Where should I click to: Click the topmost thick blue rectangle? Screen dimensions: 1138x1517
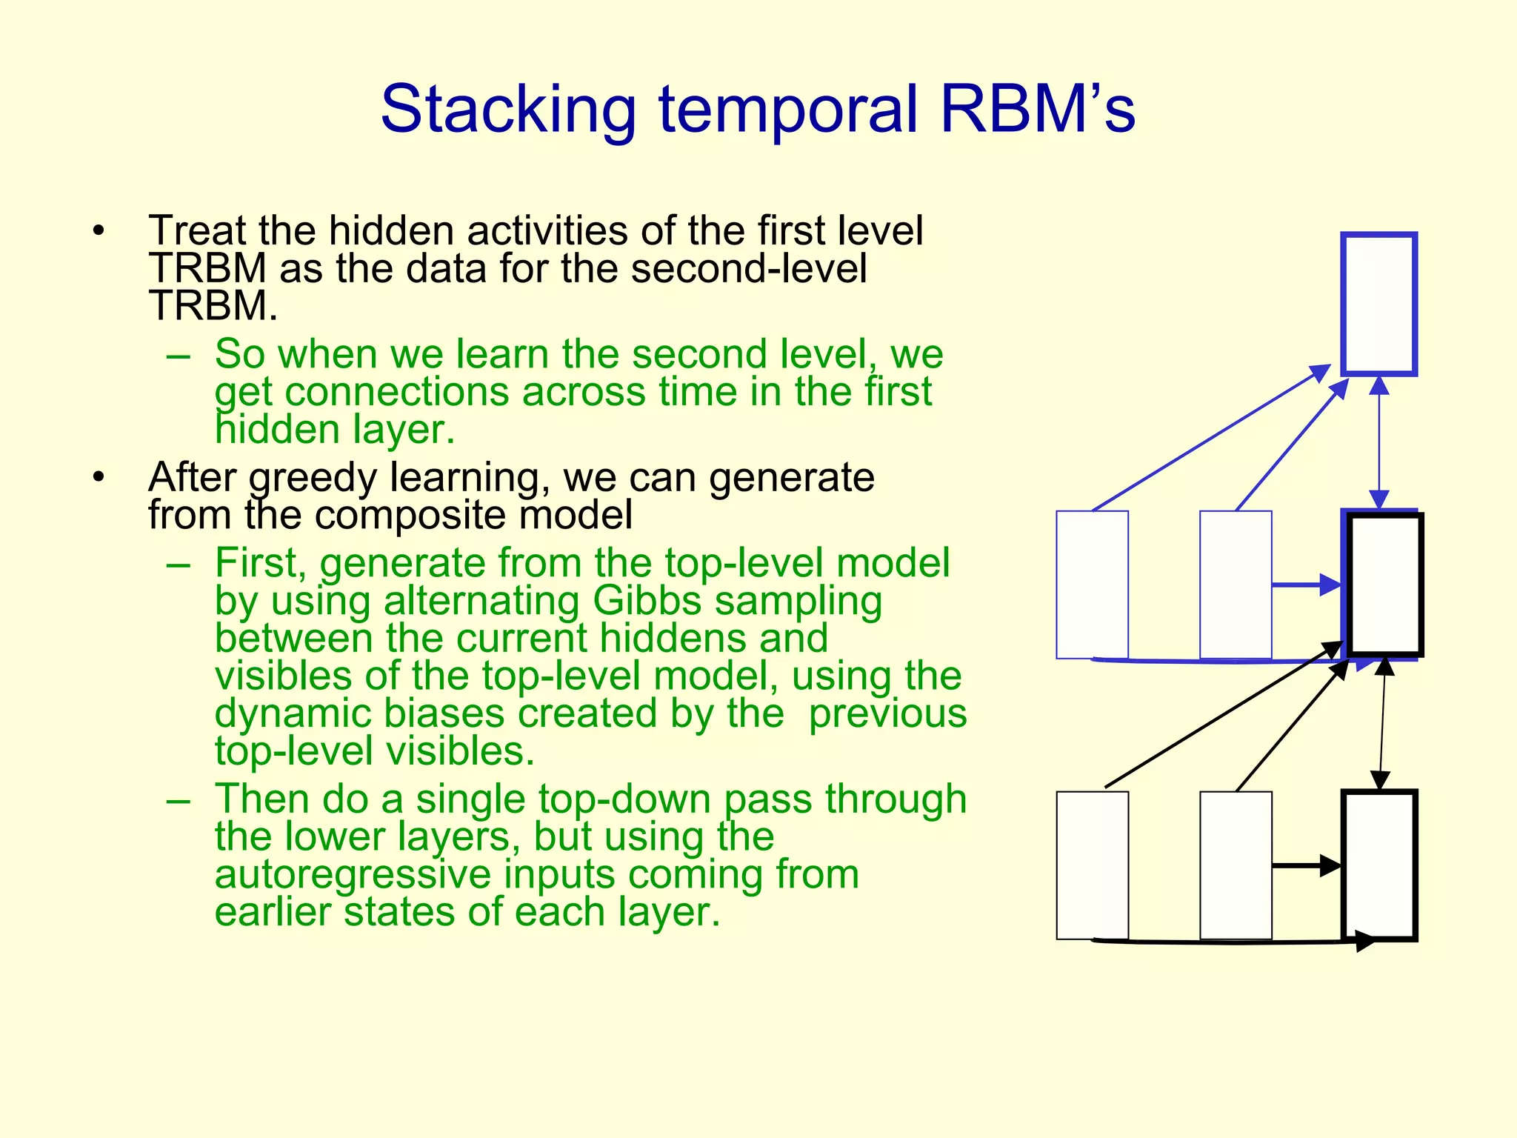coord(1379,304)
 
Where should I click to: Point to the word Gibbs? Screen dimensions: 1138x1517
coord(647,600)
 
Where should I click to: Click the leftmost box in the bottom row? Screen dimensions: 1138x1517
coord(1092,865)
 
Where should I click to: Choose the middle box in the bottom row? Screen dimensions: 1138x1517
coord(1235,865)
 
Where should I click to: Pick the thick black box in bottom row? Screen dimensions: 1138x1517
coord(1379,865)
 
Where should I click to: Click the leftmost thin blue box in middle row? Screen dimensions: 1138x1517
coord(1092,584)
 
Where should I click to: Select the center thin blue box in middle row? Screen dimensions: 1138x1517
coord(1235,584)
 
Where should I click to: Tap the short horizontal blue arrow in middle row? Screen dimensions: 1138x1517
coord(1305,585)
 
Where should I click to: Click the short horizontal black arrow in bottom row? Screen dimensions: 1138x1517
coord(1305,865)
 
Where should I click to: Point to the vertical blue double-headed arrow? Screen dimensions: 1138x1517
coord(1378,442)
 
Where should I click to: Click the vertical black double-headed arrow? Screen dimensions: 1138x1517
coord(1382,724)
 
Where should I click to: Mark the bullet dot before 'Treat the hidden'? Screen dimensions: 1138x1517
coord(99,230)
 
